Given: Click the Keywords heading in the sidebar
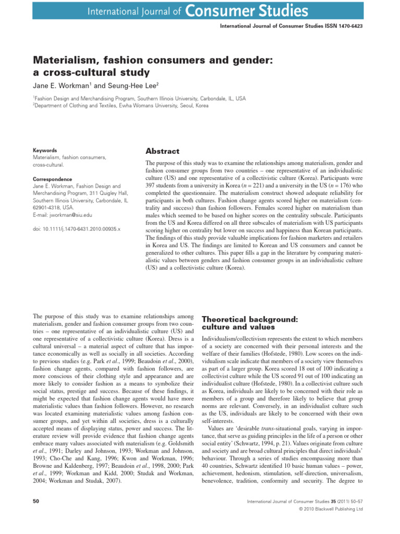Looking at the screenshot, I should pos(45,150).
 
